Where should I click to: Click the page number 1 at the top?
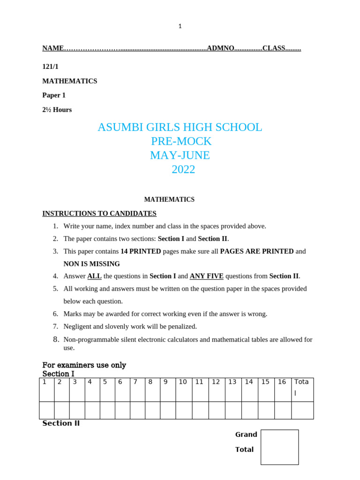coord(180,26)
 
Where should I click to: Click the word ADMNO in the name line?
coord(220,48)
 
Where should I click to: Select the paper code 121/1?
coord(51,67)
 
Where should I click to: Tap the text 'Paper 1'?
coord(54,95)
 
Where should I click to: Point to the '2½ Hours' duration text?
coord(57,110)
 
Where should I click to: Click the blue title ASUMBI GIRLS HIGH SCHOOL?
coord(180,127)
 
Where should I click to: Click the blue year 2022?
coord(183,169)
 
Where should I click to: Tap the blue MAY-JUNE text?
coord(180,155)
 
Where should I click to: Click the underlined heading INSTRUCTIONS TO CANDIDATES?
coord(99,214)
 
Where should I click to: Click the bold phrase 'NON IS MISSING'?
coord(92,264)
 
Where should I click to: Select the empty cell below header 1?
coord(46,410)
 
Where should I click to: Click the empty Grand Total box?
coord(279,447)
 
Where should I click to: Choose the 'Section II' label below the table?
coord(61,423)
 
